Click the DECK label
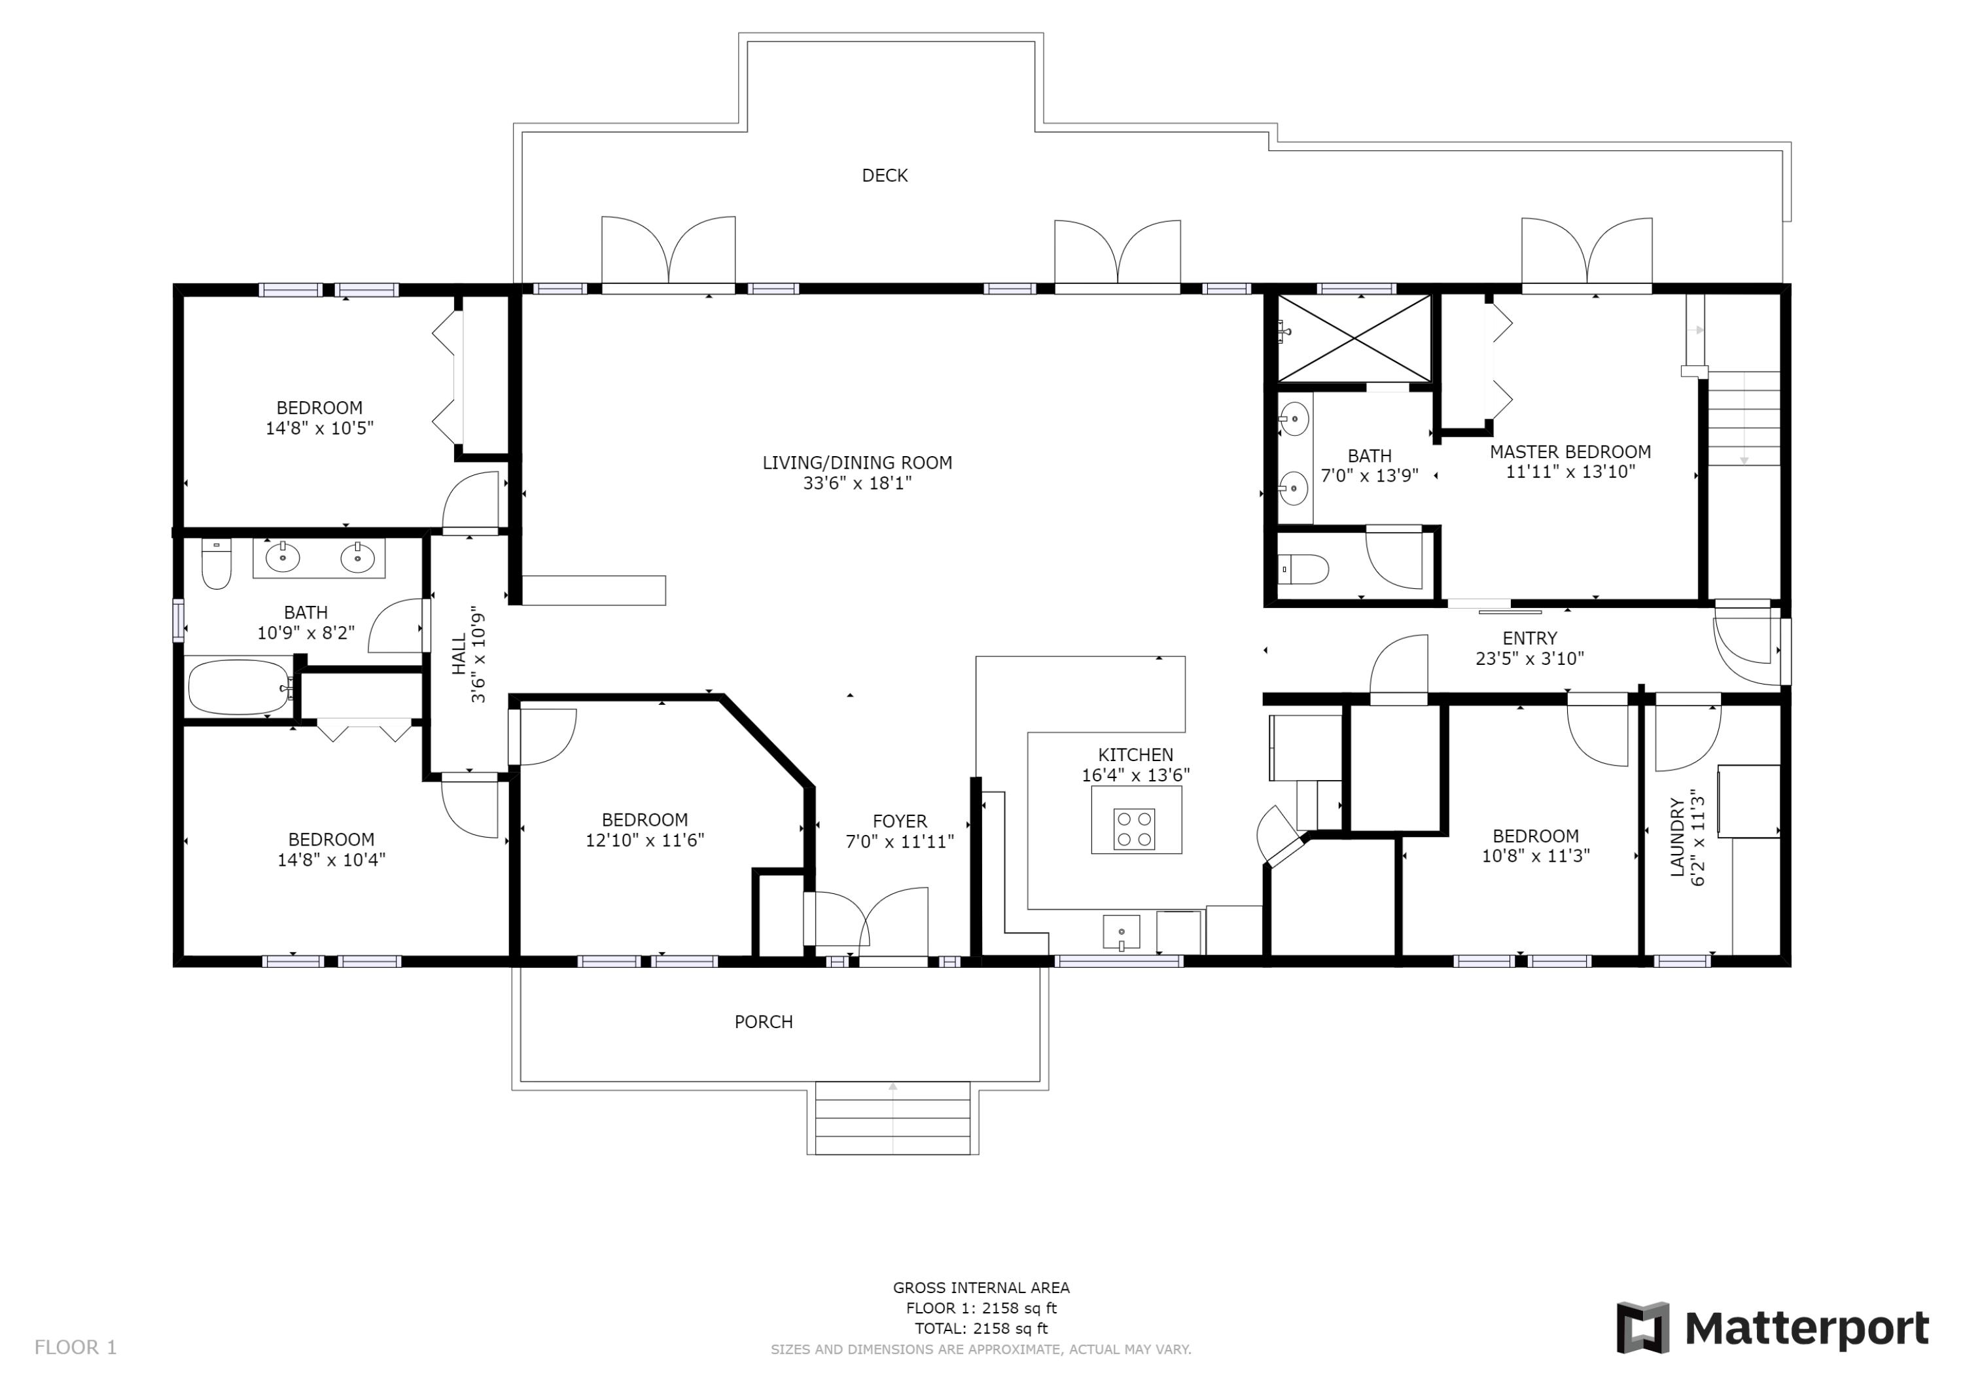884,175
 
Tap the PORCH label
764,1022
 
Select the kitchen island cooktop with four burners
1135,828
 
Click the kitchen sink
1121,932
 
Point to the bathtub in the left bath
240,686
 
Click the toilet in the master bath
1303,569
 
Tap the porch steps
893,1118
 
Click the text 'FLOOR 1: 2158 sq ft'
981,1308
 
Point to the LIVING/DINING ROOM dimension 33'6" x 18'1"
857,483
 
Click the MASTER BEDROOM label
1570,452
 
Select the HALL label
460,654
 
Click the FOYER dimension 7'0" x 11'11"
900,842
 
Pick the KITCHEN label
1135,755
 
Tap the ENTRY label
1530,638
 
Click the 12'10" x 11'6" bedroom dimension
645,840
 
